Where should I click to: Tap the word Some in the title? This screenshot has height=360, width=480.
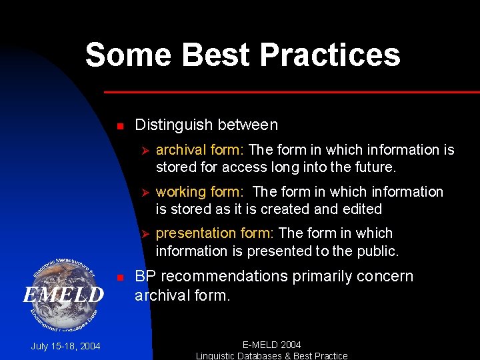127,55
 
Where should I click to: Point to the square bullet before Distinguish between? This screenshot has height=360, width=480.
119,126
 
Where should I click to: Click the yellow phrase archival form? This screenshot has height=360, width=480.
200,149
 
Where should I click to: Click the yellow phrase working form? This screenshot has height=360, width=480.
200,192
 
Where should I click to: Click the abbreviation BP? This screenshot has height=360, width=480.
146,276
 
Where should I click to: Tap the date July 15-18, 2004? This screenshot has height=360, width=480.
65,346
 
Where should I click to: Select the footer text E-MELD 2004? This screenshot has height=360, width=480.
271,345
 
